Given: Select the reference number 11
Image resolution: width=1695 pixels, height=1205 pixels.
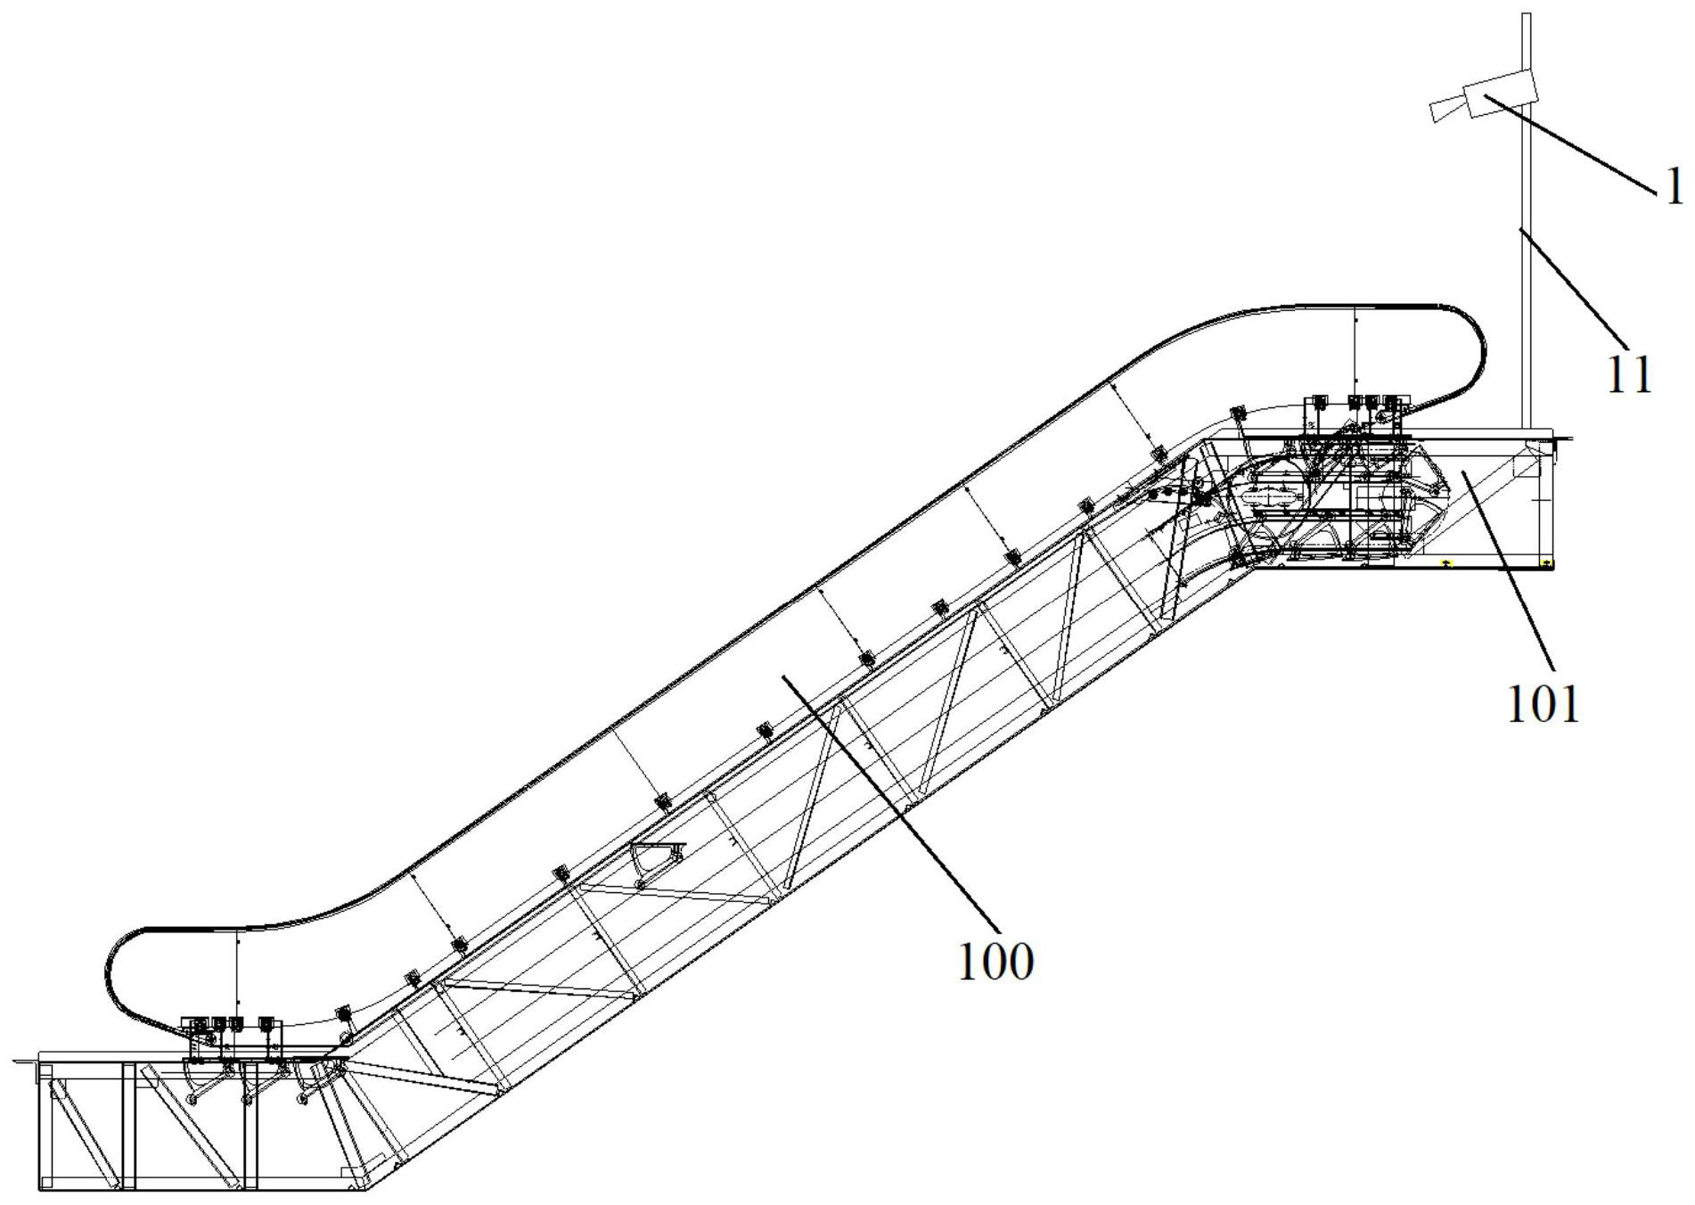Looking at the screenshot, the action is [1630, 376].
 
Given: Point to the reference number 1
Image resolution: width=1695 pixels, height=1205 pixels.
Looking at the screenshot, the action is [1675, 188].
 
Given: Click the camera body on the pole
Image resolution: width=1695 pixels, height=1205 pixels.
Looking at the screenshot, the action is [1500, 95].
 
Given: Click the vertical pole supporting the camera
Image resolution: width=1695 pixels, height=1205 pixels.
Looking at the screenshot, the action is [1525, 267].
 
